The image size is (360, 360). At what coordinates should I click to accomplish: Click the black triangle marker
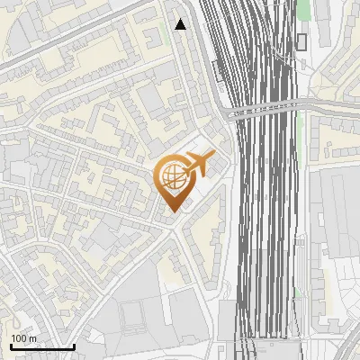[x=181, y=24]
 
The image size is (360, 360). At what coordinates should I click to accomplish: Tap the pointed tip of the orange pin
[x=171, y=210]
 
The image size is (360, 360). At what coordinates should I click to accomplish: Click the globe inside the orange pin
[x=170, y=176]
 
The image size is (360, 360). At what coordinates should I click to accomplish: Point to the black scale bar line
[x=41, y=346]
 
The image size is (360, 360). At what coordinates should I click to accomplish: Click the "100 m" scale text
[x=24, y=338]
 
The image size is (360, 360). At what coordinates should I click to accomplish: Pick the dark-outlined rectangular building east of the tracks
[x=301, y=41]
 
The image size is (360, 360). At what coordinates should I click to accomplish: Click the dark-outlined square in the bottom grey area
[x=132, y=315]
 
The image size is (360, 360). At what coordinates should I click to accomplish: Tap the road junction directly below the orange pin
[x=174, y=225]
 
